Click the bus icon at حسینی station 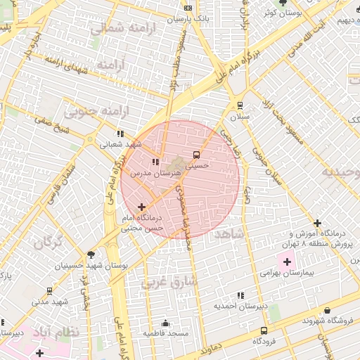click(x=196, y=155)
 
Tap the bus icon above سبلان click(x=240, y=105)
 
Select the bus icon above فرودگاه click(x=264, y=330)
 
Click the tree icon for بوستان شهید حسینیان click(x=91, y=255)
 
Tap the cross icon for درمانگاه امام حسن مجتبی click(x=143, y=207)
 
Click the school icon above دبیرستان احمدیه click(x=240, y=296)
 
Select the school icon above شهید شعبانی click(x=120, y=133)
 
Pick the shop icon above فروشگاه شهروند click(x=328, y=310)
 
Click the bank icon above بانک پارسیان click(x=187, y=8)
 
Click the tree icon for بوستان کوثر click(x=283, y=4)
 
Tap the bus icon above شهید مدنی click(x=49, y=290)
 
